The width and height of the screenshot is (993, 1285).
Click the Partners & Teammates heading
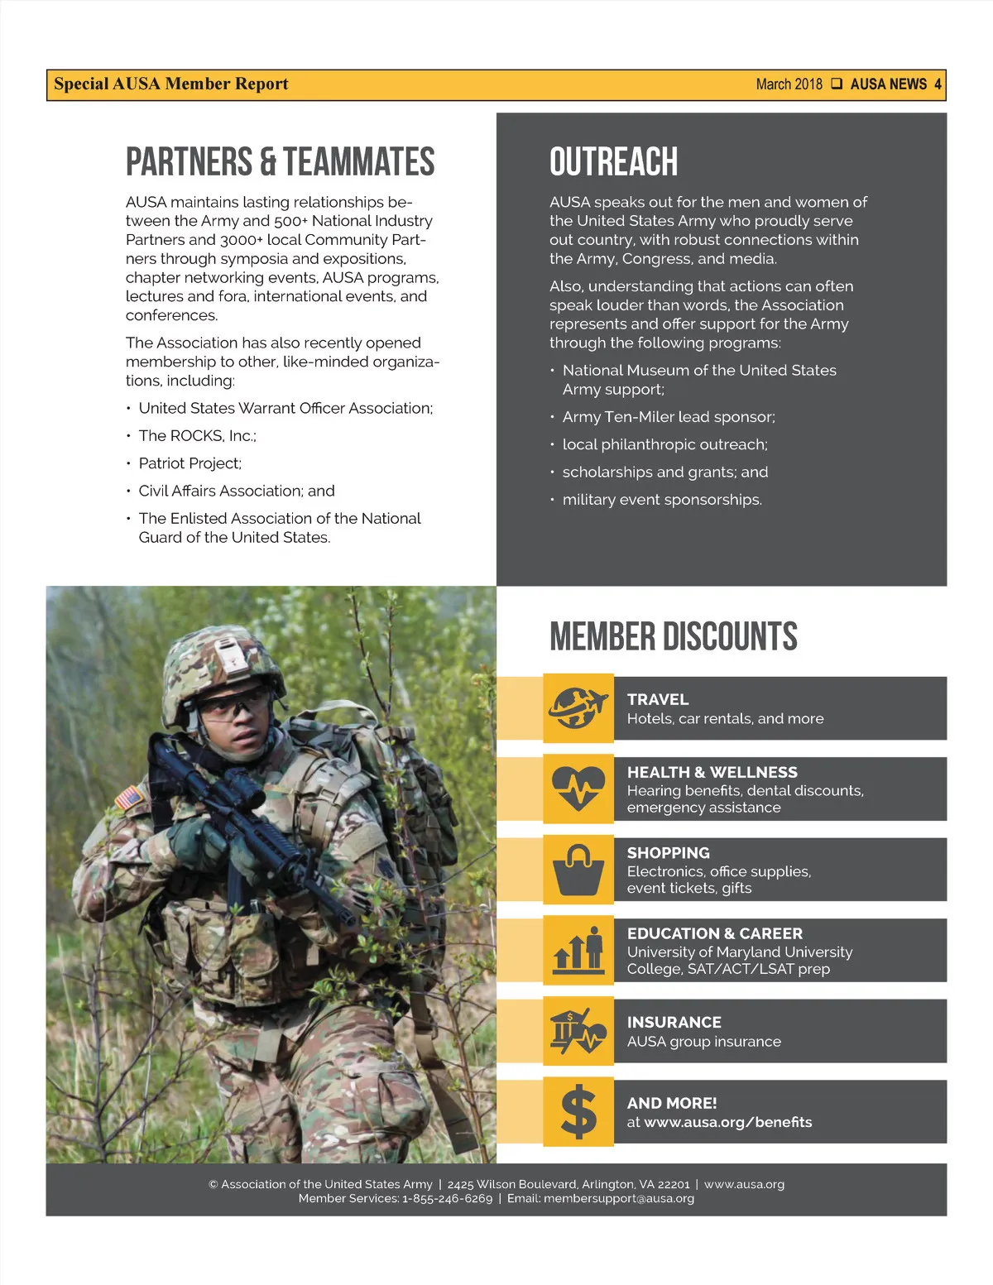click(280, 161)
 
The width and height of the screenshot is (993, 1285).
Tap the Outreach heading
click(613, 161)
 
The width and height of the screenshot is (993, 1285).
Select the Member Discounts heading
click(673, 636)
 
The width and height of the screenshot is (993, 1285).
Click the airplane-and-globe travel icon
click(578, 707)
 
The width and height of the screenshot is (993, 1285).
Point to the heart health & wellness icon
click(578, 789)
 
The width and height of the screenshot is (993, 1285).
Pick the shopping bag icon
click(578, 870)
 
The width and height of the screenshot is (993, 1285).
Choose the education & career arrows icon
click(578, 950)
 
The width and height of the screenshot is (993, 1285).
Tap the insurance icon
click(578, 1031)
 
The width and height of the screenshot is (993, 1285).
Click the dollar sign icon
click(578, 1111)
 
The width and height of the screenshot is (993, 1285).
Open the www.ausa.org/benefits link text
click(727, 1122)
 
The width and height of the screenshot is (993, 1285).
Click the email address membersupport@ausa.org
click(618, 1198)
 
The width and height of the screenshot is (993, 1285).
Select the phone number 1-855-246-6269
click(447, 1198)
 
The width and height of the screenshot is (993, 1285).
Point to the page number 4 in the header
click(938, 84)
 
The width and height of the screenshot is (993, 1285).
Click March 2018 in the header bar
click(789, 84)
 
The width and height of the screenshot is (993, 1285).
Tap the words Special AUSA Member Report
click(171, 84)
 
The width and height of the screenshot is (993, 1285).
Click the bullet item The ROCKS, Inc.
click(197, 435)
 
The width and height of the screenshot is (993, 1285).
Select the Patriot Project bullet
click(189, 463)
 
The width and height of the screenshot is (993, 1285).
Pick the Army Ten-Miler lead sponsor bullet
click(668, 417)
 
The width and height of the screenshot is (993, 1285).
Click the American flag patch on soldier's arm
click(129, 798)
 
